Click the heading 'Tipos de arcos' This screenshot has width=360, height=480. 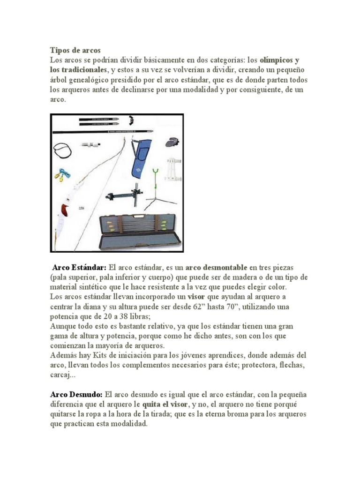pos(75,50)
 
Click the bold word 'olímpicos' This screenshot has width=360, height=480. pos(277,60)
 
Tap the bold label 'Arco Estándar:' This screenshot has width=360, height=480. pos(79,268)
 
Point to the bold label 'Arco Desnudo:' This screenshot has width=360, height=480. pos(76,395)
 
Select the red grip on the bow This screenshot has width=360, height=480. pos(64,210)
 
